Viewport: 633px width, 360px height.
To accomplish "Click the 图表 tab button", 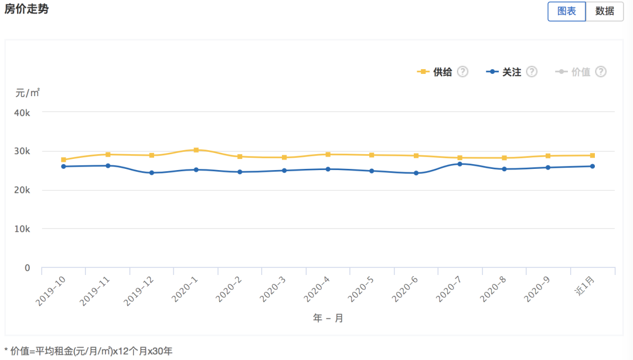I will (x=566, y=11).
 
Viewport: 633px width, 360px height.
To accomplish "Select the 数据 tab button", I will (x=604, y=11).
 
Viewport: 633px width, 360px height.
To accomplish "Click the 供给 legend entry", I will (x=435, y=72).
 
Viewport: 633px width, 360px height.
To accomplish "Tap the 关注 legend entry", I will (x=504, y=72).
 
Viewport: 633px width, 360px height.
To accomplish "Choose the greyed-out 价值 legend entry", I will (x=574, y=72).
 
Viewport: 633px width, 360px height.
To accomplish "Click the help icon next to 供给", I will (x=462, y=72).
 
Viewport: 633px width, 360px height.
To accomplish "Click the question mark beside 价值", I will (x=600, y=72).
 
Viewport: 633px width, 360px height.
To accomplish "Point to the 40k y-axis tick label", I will (x=22, y=113).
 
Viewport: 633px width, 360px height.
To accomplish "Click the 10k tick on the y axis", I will (x=22, y=229).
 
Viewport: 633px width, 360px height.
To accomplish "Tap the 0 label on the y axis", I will (x=27, y=268).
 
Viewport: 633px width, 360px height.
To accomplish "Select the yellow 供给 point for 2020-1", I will (x=196, y=150).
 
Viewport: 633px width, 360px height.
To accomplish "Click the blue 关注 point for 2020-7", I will (x=460, y=164).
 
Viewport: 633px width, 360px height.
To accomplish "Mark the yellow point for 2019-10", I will (x=63, y=159).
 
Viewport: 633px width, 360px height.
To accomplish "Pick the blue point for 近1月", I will (x=593, y=167).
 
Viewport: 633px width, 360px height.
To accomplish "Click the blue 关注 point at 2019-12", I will (x=152, y=173).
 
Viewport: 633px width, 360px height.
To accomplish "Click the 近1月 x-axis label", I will (x=587, y=287).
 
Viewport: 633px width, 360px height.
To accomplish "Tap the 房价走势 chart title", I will (x=27, y=10).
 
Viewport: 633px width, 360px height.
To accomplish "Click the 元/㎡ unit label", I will (x=28, y=93).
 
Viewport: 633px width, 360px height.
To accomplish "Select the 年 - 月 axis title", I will (x=328, y=318).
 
